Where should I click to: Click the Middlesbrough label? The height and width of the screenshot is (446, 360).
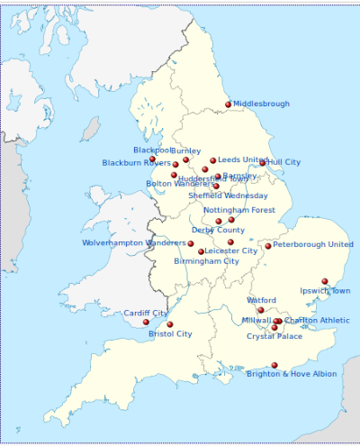262,105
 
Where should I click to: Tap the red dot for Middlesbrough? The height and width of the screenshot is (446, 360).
229,104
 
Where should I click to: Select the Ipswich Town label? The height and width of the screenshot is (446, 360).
326,291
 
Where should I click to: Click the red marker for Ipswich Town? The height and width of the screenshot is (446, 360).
325,281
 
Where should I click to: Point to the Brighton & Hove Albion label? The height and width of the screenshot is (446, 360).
292,374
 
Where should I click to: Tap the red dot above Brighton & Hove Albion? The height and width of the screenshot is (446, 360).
274,365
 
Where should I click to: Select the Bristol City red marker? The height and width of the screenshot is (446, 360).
170,324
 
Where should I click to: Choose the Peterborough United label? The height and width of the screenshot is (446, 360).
313,244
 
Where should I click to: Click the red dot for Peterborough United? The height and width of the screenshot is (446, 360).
267,246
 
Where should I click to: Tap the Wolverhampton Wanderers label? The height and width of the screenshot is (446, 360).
133,242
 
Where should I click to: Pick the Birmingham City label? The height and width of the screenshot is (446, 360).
207,261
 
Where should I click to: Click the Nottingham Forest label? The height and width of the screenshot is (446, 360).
239,210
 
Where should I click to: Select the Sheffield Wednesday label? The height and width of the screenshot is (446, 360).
228,196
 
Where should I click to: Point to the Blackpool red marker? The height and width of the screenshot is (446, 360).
152,159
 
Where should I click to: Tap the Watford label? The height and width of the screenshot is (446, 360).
261,300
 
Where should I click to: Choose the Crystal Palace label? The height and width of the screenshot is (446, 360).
274,336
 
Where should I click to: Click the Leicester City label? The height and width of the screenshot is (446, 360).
230,250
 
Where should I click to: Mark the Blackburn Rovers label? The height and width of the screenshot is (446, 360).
136,163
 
